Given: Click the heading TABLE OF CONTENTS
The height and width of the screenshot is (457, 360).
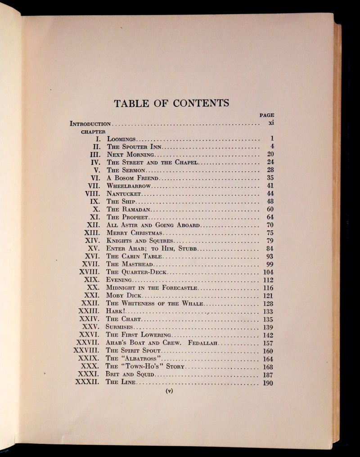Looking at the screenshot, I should coord(171,103).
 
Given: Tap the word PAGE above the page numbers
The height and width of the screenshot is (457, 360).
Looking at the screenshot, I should coord(266,115).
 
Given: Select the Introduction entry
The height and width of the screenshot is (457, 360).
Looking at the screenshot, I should coord(90,123).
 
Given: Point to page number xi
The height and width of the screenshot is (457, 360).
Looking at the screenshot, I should coord(271,123).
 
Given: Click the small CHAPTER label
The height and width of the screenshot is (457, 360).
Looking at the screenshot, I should coord(93,132).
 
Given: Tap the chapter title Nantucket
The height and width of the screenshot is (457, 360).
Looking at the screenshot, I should coord(124,194).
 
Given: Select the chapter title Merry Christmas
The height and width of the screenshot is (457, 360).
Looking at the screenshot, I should coord(135,233).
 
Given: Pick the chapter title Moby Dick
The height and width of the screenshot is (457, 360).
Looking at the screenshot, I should coord(124,296).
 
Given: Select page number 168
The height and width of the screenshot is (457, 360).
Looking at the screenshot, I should coord(268,367).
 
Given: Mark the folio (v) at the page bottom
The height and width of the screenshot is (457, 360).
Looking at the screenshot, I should coord(170,391).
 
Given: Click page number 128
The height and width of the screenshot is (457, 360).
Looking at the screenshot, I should coord(268,304).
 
